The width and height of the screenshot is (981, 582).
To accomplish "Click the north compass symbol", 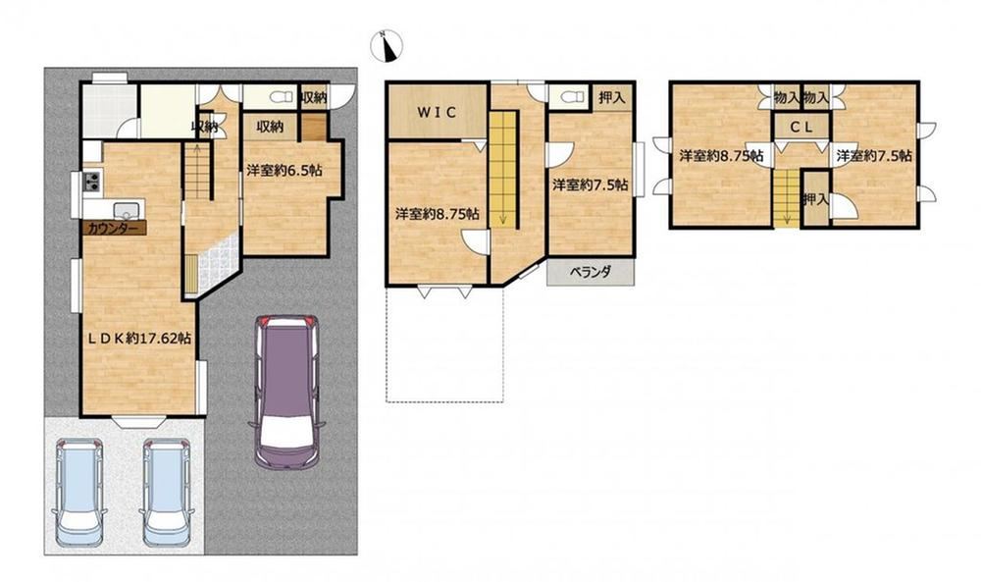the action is pos(387,46).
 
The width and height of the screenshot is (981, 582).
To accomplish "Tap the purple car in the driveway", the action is pos(287,392).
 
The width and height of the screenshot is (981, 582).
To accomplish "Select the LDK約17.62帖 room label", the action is pos(139,339).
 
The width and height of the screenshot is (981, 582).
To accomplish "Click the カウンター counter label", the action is pos(113,229).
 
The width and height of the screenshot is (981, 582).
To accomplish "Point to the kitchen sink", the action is pos(126,208).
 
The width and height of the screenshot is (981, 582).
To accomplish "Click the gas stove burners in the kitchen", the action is pos(92,182).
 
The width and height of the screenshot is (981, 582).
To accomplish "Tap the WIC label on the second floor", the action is pos(438,113).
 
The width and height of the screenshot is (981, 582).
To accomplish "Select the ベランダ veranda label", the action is pos(590,272).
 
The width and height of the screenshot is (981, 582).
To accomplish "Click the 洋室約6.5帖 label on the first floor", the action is pos(284,170).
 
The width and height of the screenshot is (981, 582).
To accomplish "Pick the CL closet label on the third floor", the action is pos(800,127).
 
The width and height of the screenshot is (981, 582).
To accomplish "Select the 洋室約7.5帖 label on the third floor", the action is pos(874,156).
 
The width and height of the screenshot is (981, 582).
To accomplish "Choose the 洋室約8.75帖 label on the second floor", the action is pos(438,214).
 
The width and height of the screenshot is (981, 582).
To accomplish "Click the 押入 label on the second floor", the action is pos(611,97).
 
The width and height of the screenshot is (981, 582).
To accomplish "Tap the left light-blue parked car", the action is pos(78,493).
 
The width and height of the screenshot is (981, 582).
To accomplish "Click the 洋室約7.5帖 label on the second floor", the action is pos(590,185).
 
